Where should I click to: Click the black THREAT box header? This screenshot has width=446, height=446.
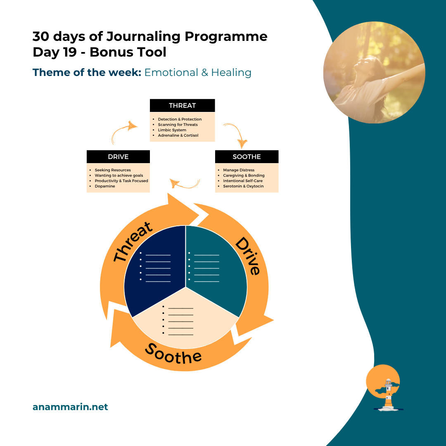tap(182, 105)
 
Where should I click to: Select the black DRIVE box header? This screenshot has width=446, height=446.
tap(118, 157)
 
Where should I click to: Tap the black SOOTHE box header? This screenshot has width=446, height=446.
tap(247, 157)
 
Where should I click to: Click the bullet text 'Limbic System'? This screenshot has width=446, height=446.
tap(172, 130)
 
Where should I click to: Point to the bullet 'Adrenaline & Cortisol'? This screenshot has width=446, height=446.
tap(178, 135)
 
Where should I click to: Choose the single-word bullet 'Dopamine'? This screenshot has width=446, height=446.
tap(105, 186)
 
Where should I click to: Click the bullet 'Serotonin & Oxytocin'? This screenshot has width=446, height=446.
tap(243, 186)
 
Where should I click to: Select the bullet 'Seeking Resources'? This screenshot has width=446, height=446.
tap(113, 170)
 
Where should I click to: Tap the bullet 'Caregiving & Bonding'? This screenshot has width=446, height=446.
tap(244, 176)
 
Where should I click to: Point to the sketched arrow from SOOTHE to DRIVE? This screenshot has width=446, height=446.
tap(185, 184)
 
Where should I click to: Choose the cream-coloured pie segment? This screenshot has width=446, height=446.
tap(186, 326)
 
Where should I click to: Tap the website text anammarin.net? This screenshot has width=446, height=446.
tap(70, 407)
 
